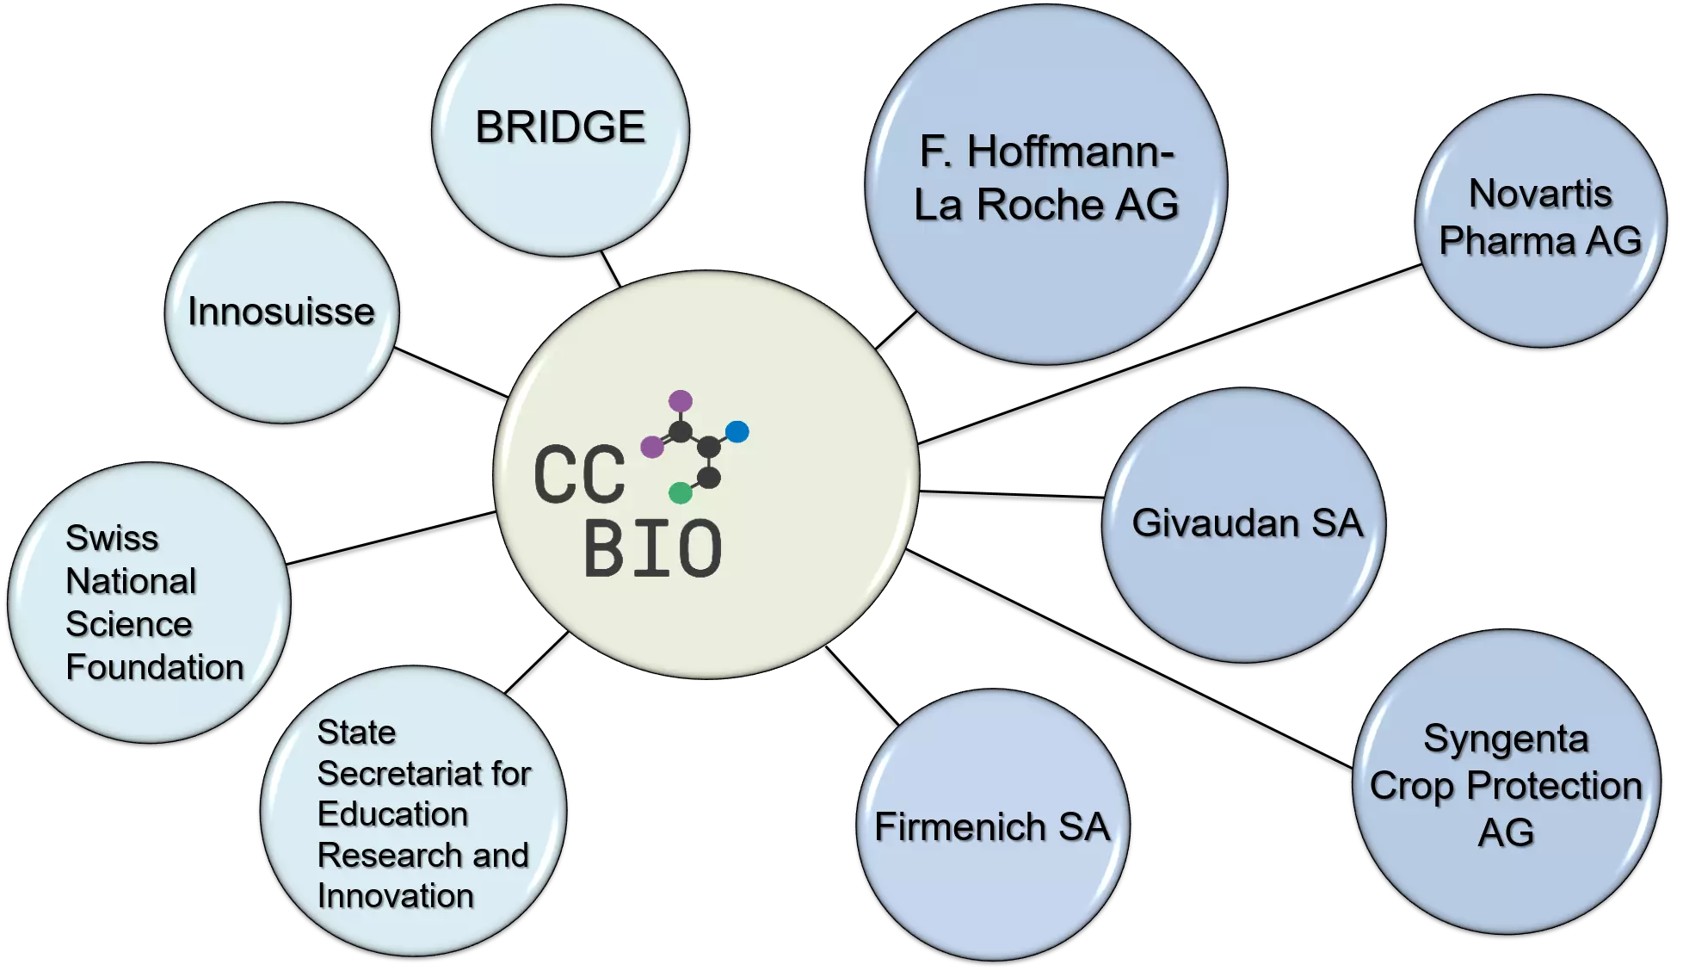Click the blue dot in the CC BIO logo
click(737, 431)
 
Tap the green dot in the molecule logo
click(681, 492)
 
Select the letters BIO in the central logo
click(653, 548)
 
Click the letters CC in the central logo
click(579, 474)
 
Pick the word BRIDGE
click(560, 127)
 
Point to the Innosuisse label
click(281, 312)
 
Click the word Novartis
click(1540, 194)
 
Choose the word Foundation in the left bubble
click(155, 667)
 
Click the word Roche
click(1040, 205)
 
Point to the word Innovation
click(396, 896)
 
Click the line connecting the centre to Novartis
click(1170, 354)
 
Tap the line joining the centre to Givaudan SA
click(1012, 494)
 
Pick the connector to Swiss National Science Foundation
click(391, 538)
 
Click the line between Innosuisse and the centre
click(451, 372)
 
